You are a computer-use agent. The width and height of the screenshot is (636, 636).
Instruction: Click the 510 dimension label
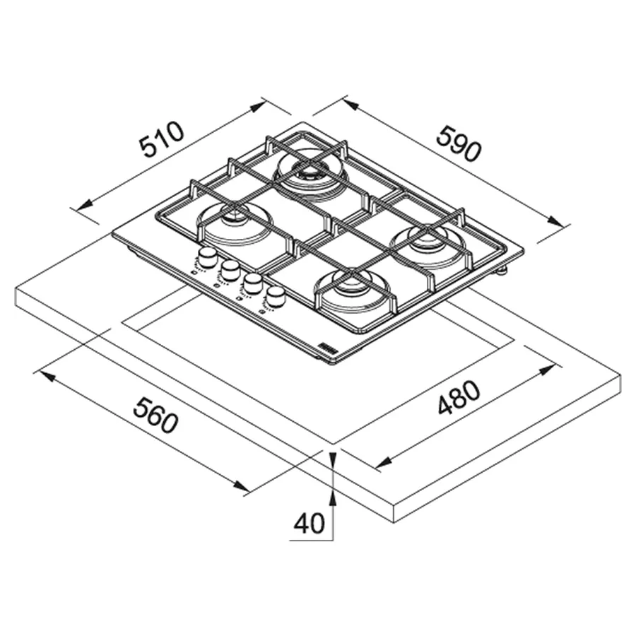[x=162, y=139]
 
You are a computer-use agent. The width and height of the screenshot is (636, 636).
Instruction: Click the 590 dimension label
[x=459, y=143]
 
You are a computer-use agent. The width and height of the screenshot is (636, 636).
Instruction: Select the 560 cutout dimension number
[x=155, y=415]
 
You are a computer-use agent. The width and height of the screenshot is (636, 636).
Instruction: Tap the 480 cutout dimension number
[x=459, y=397]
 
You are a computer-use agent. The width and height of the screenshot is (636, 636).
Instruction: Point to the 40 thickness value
[x=309, y=523]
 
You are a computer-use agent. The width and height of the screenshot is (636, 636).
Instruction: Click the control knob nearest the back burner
[x=208, y=257]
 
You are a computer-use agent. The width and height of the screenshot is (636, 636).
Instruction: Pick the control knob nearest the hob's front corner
[x=276, y=297]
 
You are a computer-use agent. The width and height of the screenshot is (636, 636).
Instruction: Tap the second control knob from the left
[x=230, y=270]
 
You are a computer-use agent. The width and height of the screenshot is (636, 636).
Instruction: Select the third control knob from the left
[x=253, y=283]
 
